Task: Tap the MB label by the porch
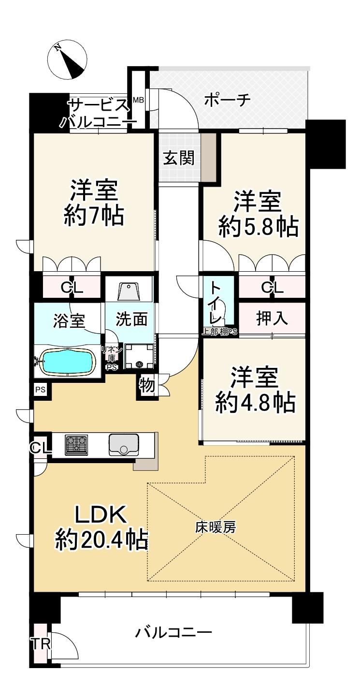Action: [138, 100]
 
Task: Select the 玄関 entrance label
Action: [179, 158]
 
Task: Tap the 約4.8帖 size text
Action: [255, 402]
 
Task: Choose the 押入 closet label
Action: [271, 319]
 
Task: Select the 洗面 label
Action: [131, 319]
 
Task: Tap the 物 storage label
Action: [147, 385]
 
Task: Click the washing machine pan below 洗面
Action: [139, 356]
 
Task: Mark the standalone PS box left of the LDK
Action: [40, 390]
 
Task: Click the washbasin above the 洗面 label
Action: [129, 291]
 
